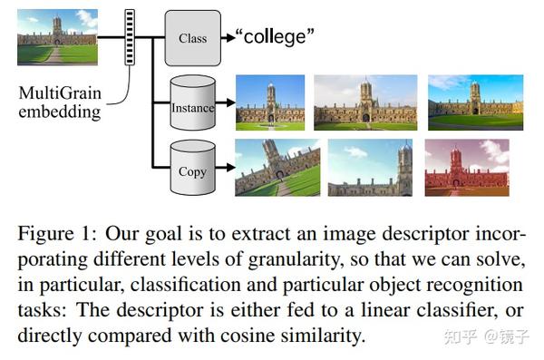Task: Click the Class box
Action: click(192, 38)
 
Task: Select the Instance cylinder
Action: click(192, 107)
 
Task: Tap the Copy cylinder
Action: click(192, 170)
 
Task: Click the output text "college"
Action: click(275, 37)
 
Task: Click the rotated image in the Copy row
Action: click(277, 167)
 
